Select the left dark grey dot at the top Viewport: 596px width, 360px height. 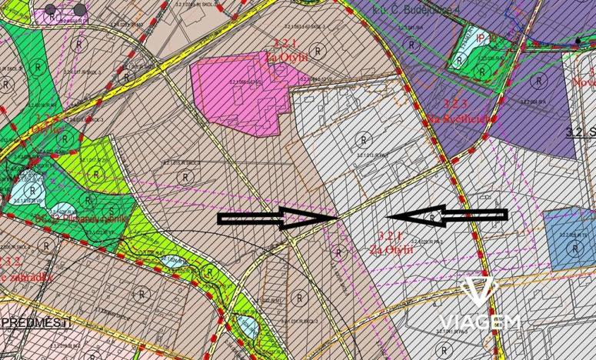coord(50,10)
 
